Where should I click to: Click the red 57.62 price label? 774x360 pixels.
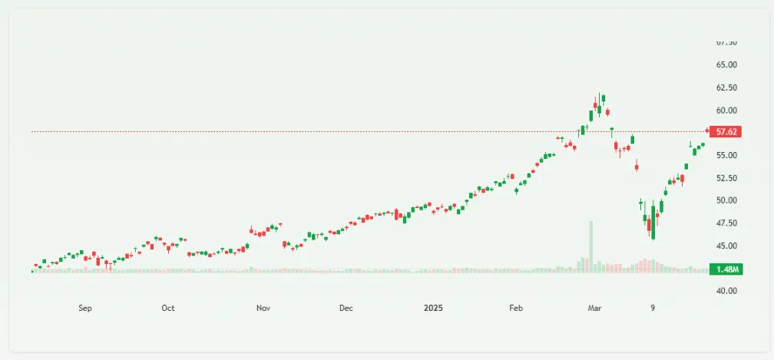(726, 132)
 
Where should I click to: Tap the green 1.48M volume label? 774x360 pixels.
(726, 269)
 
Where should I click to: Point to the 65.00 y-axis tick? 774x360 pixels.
(726, 65)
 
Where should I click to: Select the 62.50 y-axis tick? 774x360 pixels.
(726, 88)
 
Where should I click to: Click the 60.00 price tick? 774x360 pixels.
(726, 111)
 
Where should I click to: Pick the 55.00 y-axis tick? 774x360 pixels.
(726, 156)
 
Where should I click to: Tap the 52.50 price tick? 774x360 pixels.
(726, 178)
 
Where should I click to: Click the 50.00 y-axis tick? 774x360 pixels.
(726, 200)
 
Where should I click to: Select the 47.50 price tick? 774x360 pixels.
(726, 223)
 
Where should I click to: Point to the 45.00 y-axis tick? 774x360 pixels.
(726, 246)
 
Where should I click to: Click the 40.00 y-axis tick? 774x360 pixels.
(726, 291)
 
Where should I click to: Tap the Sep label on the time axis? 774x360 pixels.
(85, 309)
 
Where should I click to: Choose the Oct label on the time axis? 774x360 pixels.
(168, 309)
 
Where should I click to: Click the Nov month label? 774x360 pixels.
(263, 309)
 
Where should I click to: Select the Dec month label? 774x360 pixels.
(346, 309)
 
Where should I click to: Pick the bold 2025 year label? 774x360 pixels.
(434, 309)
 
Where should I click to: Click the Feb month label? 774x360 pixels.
(516, 309)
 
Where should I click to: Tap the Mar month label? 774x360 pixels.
(593, 309)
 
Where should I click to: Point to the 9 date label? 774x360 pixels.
(653, 309)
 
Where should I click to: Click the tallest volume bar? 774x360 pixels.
(590, 246)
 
